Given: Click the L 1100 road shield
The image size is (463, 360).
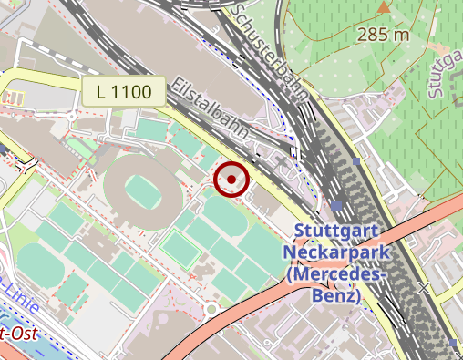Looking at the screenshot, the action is [x=123, y=90].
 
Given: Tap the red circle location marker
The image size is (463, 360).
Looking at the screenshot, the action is [x=232, y=180].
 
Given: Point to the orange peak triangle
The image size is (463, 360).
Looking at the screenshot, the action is [x=384, y=7].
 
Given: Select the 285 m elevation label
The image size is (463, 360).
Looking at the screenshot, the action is [x=384, y=36].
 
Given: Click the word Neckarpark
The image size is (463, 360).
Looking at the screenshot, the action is [x=336, y=252].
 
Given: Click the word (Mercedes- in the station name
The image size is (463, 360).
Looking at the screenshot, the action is [x=336, y=273].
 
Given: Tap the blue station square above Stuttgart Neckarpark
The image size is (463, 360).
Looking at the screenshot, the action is [x=338, y=205].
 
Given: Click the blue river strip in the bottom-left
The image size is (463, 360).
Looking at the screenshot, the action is [x=36, y=351].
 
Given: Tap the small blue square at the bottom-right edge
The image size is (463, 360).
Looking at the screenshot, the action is [x=454, y=344].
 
